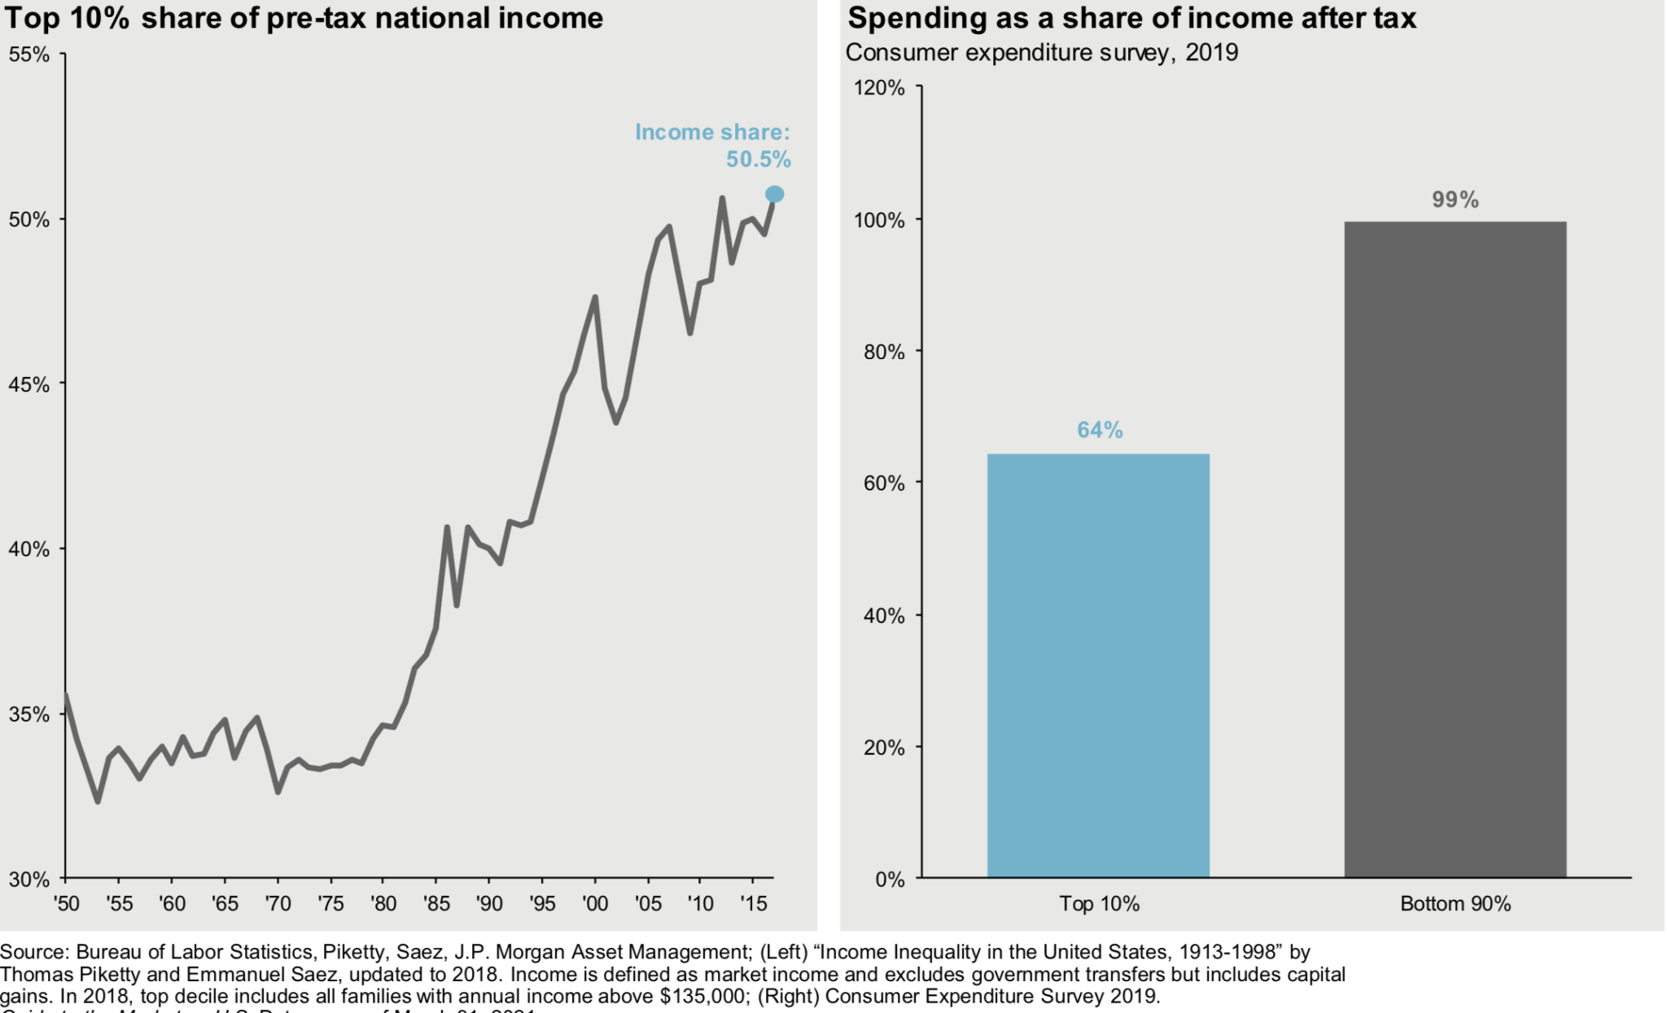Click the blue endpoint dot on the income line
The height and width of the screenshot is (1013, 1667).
tap(774, 194)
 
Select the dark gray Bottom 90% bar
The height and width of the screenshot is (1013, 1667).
tap(1455, 550)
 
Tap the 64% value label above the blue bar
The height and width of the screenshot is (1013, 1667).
tap(1100, 430)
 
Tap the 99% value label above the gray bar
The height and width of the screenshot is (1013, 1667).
tap(1455, 200)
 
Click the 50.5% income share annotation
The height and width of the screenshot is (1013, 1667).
tap(758, 160)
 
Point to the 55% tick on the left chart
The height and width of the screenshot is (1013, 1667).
tap(29, 55)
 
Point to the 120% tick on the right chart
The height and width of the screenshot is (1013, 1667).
tap(879, 87)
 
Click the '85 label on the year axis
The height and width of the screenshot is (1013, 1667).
tap(436, 903)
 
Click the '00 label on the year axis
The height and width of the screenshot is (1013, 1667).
tap(595, 903)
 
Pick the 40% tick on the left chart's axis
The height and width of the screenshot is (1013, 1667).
tap(29, 549)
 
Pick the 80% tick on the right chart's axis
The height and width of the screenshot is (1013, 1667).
tap(883, 352)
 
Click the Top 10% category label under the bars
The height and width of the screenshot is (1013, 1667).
tap(1099, 903)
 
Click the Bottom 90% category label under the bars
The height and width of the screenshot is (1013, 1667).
tap(1455, 903)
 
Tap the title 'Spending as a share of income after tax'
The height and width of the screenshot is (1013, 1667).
tap(1131, 18)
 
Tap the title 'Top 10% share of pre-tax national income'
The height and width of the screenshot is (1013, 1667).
tap(304, 18)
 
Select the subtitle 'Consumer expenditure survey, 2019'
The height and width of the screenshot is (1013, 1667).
tap(1041, 52)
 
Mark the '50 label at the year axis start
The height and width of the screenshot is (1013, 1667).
tap(66, 903)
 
